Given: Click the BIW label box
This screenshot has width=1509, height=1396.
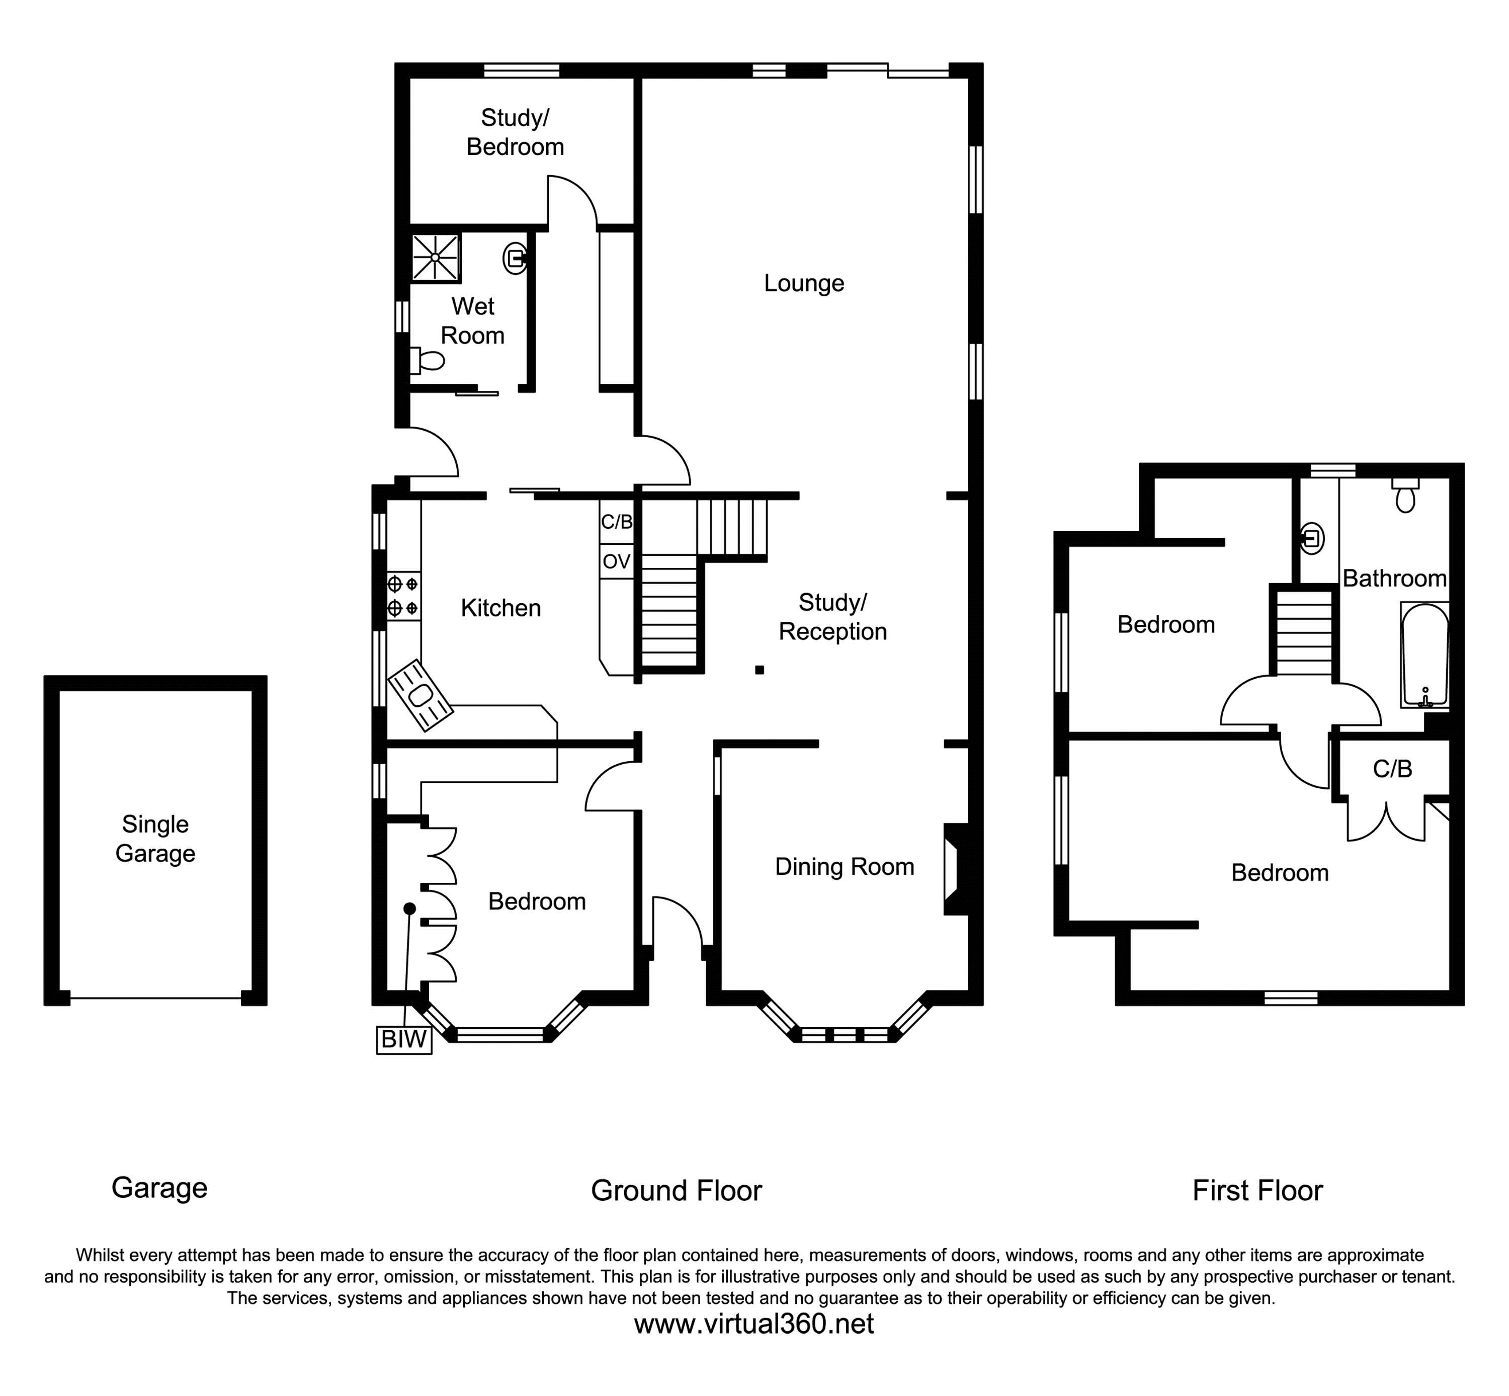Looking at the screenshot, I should (x=404, y=1039).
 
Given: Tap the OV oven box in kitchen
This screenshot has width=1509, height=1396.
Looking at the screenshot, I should (x=616, y=561).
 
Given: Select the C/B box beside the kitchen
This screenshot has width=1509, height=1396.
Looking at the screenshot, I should (x=616, y=521).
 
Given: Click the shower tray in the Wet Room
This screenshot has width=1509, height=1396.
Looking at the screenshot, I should (x=435, y=258).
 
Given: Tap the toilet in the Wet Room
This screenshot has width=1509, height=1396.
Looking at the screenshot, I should (x=428, y=361).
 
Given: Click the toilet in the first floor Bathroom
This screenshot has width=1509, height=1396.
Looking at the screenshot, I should (x=1405, y=496).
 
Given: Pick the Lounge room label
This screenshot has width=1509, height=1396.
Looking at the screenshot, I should (x=804, y=283).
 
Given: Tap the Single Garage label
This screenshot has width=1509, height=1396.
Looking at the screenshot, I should (x=155, y=839).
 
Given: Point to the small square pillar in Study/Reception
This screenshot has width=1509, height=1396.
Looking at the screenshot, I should (x=759, y=669).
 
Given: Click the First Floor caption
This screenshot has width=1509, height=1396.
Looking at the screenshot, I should (x=1256, y=1191).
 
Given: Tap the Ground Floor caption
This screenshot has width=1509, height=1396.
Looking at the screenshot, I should (x=676, y=1191).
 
